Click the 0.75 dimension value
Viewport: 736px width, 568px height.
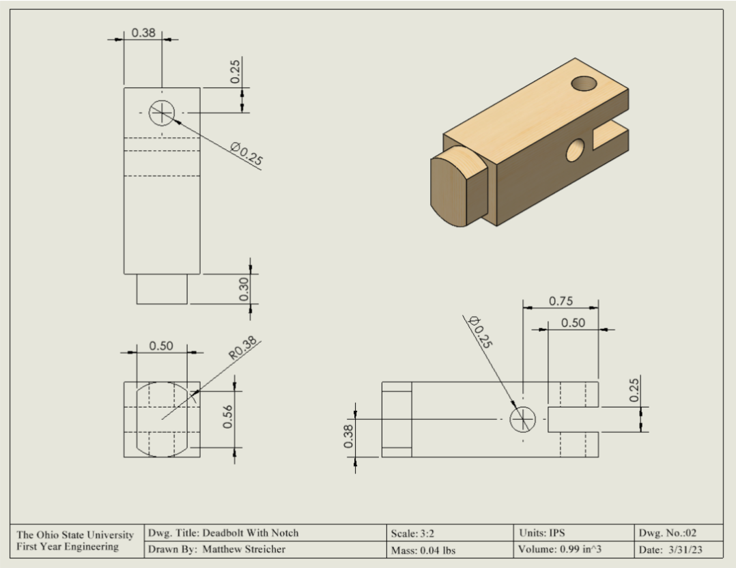click(561, 301)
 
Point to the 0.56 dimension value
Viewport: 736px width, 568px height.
click(229, 416)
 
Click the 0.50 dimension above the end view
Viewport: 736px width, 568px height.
click(161, 346)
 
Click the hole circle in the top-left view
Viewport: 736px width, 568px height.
click(162, 113)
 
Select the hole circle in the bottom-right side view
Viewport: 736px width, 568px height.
click(523, 418)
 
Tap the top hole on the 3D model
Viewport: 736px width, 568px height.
click(584, 84)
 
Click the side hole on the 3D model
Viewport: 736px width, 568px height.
click(576, 150)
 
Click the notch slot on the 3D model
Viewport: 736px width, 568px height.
click(609, 134)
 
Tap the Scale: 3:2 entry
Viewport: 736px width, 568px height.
click(412, 533)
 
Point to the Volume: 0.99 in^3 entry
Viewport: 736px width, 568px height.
click(561, 549)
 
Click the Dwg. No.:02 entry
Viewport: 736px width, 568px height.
click(667, 532)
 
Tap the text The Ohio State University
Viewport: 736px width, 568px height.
click(75, 535)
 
